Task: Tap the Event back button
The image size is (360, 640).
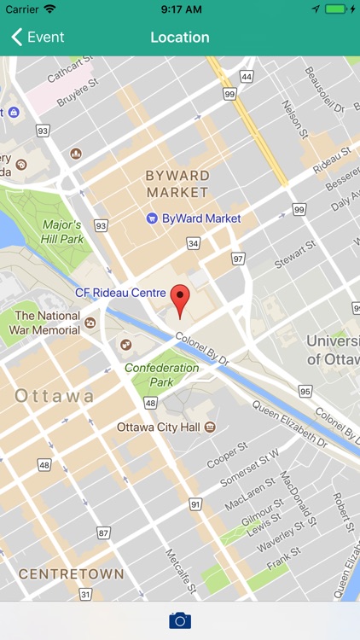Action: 38,38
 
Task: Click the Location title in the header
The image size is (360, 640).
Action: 180,38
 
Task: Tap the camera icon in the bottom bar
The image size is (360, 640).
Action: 180,620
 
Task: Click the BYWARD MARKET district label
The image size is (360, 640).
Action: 177,183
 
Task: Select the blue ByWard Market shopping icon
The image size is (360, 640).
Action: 152,218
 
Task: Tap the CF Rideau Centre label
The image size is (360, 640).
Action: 119,292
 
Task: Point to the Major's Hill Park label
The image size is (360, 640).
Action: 62,232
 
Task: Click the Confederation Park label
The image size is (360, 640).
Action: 161,375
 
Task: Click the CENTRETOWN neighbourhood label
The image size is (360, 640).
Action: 71,573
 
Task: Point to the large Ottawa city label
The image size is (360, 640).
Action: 55,396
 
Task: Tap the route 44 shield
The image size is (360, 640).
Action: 247,77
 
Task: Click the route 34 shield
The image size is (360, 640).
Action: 194,244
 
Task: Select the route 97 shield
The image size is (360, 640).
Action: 238,259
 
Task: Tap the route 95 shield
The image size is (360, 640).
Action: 305,391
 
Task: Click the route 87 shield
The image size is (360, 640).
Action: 104,532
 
